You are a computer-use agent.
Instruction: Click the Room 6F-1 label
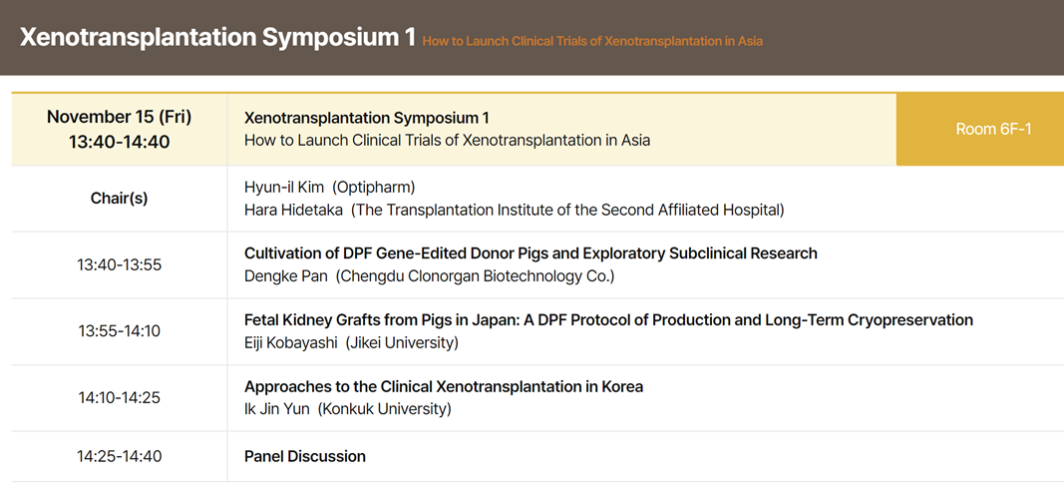[x=993, y=129]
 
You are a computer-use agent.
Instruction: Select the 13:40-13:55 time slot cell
[x=120, y=264]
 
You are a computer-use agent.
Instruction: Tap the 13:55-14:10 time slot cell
[x=120, y=331]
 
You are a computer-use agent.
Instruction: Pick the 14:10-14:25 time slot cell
[x=120, y=398]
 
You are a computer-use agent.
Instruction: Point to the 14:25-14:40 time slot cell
[x=120, y=456]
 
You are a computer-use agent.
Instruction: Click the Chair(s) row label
[x=120, y=199]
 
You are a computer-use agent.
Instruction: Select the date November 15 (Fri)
[x=120, y=117]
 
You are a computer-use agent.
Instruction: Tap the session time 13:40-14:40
[x=120, y=143]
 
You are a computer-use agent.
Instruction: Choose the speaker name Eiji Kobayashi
[x=291, y=343]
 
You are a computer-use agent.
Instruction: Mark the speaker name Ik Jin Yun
[x=277, y=409]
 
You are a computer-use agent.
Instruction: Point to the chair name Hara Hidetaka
[x=293, y=211]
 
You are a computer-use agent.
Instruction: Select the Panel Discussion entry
[x=305, y=456]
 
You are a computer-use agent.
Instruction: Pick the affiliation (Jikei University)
[x=402, y=343]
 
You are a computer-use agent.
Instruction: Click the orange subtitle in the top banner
[x=592, y=41]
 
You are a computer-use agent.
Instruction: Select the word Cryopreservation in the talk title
[x=910, y=320]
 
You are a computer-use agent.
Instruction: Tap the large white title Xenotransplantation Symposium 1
[x=217, y=37]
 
